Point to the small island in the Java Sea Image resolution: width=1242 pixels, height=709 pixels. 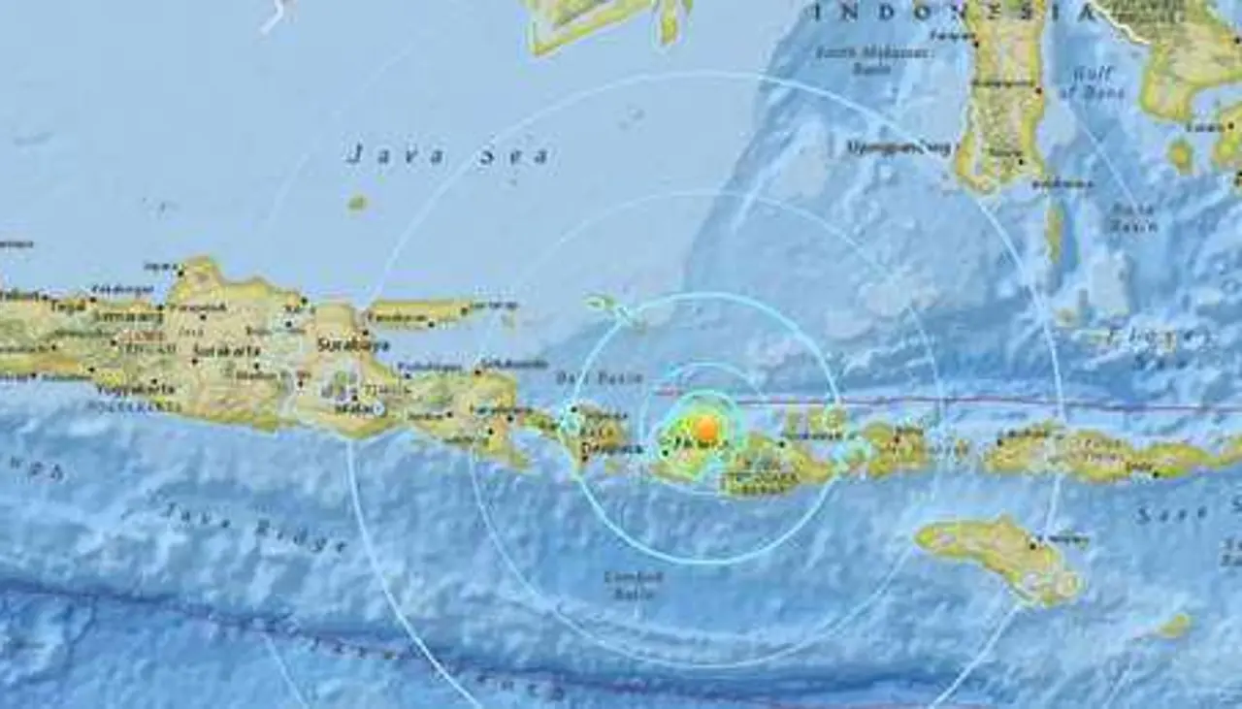[x=357, y=203]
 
